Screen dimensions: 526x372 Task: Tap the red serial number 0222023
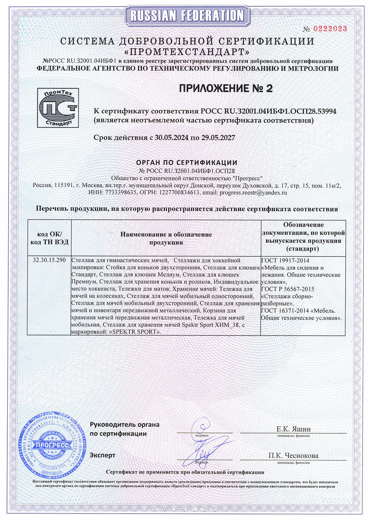click(x=330, y=29)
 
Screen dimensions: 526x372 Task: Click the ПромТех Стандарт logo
click(x=58, y=108)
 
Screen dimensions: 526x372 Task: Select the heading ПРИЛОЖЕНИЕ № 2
click(x=226, y=88)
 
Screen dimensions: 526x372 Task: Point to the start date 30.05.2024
click(x=172, y=138)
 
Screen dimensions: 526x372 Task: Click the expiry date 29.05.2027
click(x=218, y=138)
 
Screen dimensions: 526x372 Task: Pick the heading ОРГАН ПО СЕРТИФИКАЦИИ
click(x=186, y=163)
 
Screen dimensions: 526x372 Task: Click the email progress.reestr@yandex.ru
click(x=253, y=193)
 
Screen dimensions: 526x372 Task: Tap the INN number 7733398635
click(x=121, y=193)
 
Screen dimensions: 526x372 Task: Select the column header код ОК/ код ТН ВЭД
click(x=49, y=238)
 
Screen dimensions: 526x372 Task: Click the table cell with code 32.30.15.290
click(x=49, y=260)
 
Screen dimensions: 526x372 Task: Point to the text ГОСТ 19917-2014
click(x=285, y=260)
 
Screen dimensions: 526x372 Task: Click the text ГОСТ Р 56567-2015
click(x=288, y=289)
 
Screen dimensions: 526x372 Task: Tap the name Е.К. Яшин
click(x=293, y=429)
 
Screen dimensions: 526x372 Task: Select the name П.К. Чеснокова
click(x=293, y=456)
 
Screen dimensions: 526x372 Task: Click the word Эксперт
click(x=102, y=455)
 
